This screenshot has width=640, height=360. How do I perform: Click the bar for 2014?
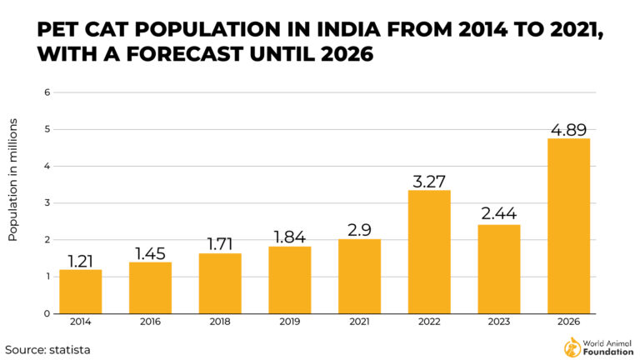80,291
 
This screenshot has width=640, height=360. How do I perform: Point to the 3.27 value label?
429,180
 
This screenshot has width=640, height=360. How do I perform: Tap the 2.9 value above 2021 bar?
359,229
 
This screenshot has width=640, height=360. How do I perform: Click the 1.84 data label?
289,236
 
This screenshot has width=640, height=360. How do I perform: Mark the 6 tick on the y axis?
47,92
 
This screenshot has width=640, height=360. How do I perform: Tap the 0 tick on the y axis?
47,313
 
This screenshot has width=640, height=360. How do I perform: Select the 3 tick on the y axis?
47,203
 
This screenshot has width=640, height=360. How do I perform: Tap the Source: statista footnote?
47,349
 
